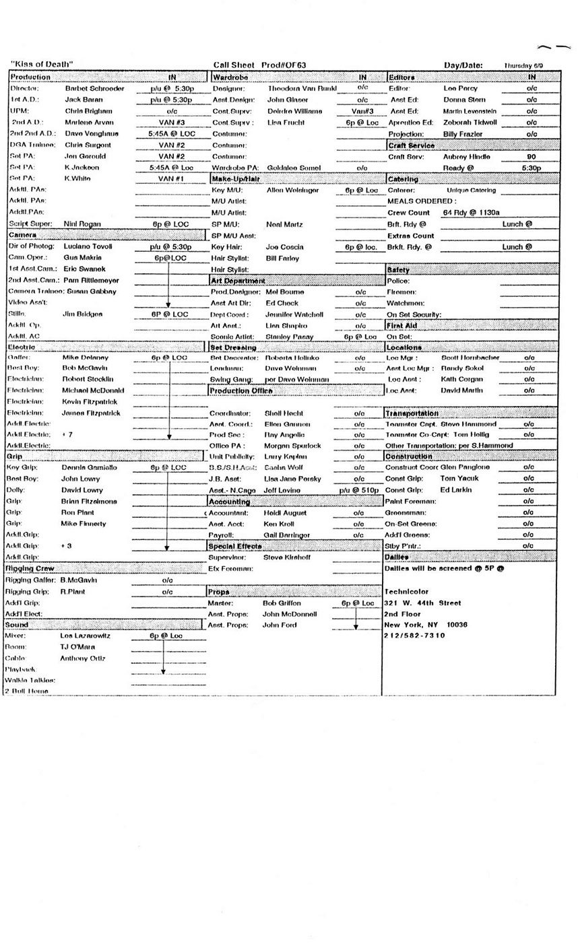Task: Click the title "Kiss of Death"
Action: [x=42, y=65]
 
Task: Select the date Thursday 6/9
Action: [x=523, y=65]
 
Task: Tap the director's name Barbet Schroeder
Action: [x=94, y=88]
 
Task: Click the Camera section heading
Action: [x=22, y=235]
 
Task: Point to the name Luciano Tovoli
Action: [x=88, y=246]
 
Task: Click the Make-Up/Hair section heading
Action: [x=236, y=179]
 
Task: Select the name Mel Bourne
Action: [x=280, y=292]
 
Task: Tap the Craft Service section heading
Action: [x=412, y=145]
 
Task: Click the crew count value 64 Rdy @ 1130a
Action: [x=471, y=213]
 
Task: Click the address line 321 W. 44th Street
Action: [x=422, y=603]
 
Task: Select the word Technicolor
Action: [x=406, y=592]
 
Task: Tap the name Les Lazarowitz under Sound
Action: [x=85, y=636]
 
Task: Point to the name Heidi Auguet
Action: [x=286, y=513]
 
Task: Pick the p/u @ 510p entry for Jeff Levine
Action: [x=358, y=490]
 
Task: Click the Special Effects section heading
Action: [x=235, y=546]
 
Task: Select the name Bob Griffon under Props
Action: [x=282, y=603]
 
